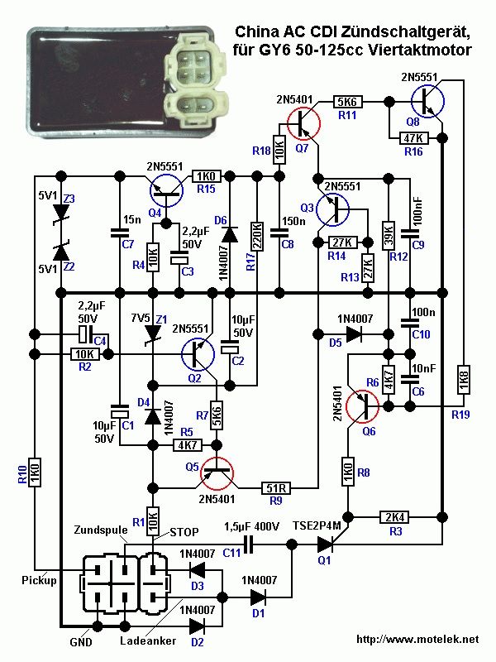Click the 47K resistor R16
pos(412,137)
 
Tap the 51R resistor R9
pos(274,487)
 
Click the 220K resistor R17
pos(258,238)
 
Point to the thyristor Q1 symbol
pos(330,544)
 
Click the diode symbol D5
pos(353,334)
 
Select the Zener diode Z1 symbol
pos(152,333)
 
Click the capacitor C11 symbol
pos(246,544)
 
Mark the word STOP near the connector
pos(184,531)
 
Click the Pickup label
pos(40,581)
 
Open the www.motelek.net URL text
pos(417,639)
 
